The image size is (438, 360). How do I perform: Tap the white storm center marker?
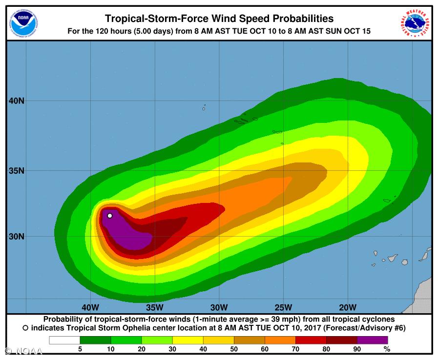pos(110,215)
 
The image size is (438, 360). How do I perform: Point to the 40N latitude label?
pos(16,101)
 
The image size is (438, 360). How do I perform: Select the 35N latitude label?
pos(16,171)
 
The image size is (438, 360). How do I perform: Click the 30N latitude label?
pos(16,237)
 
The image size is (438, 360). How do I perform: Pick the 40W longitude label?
pos(90,307)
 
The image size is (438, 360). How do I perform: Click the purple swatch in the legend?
pos(372,340)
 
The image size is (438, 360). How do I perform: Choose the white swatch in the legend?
pos(64,340)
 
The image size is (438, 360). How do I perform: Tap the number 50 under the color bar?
pos(234,349)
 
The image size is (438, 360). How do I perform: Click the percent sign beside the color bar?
pos(387,349)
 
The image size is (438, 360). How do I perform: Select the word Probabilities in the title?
pos(298,19)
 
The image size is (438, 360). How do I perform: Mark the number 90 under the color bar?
pos(357,349)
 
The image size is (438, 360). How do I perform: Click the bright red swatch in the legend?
pos(311,340)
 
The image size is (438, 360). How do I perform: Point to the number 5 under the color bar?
pos(80,349)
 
